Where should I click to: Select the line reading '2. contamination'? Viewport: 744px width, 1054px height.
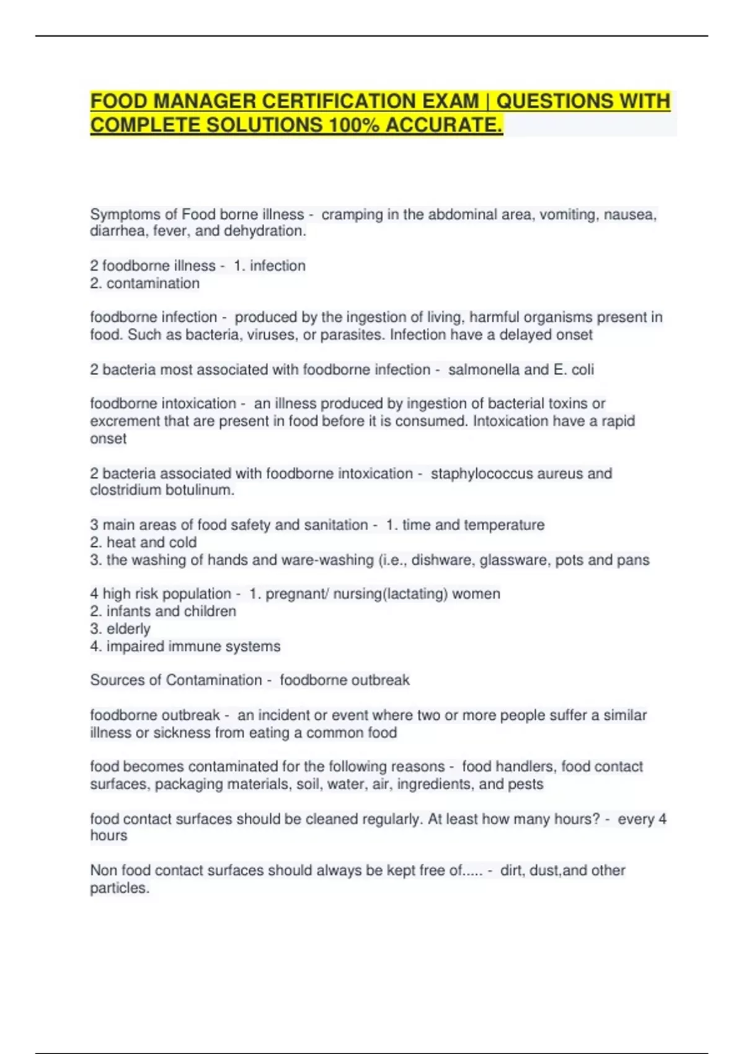point(144,283)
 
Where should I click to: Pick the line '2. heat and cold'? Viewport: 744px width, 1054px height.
point(143,542)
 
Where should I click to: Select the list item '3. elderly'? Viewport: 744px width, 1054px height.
point(120,629)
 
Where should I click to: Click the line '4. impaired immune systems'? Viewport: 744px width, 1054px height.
point(185,646)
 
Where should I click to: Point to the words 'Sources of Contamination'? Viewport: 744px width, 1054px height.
point(176,680)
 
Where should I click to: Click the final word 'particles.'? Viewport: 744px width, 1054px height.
point(120,888)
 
